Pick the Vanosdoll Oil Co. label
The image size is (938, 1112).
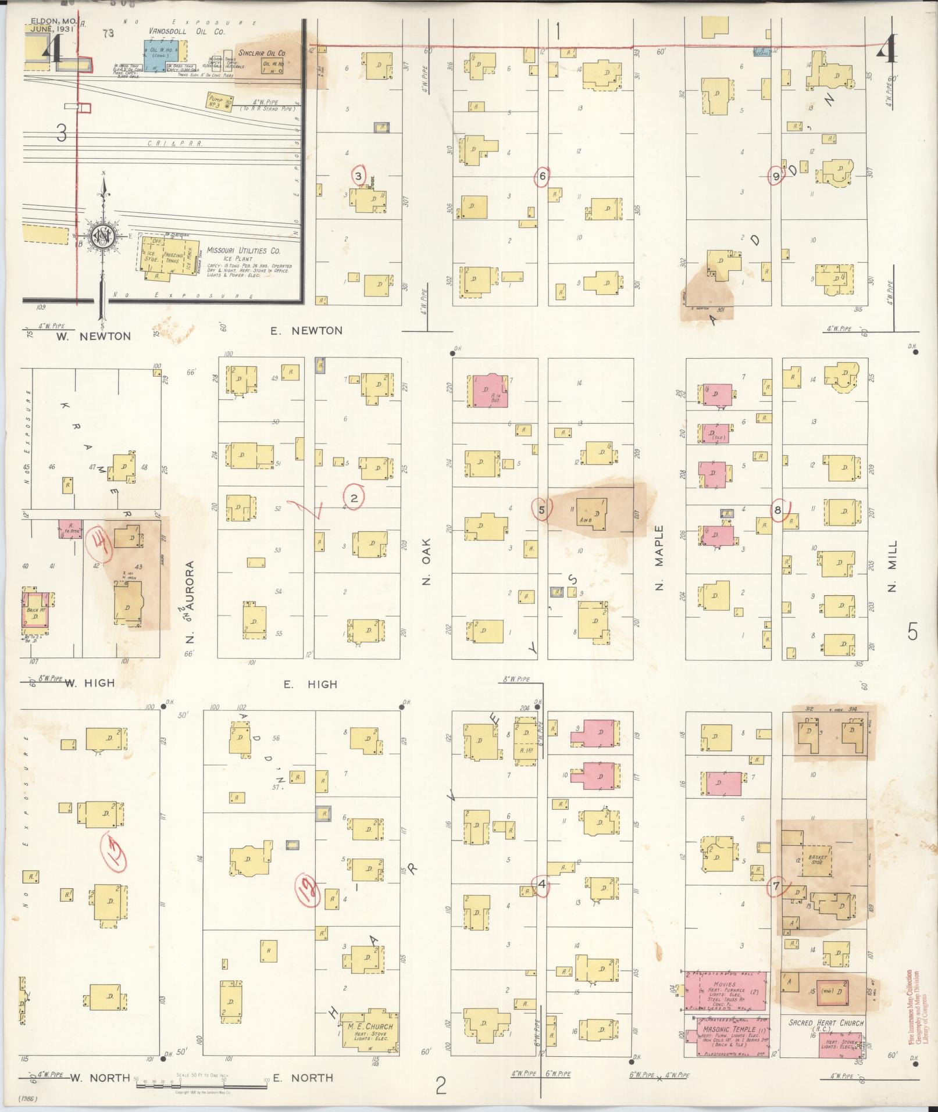(186, 31)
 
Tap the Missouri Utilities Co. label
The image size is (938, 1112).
(244, 251)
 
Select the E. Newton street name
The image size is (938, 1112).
(306, 331)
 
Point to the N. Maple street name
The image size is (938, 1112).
(659, 558)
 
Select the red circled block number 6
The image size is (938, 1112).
(543, 177)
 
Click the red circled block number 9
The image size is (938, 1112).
(776, 176)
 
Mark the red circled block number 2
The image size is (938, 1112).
(354, 497)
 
